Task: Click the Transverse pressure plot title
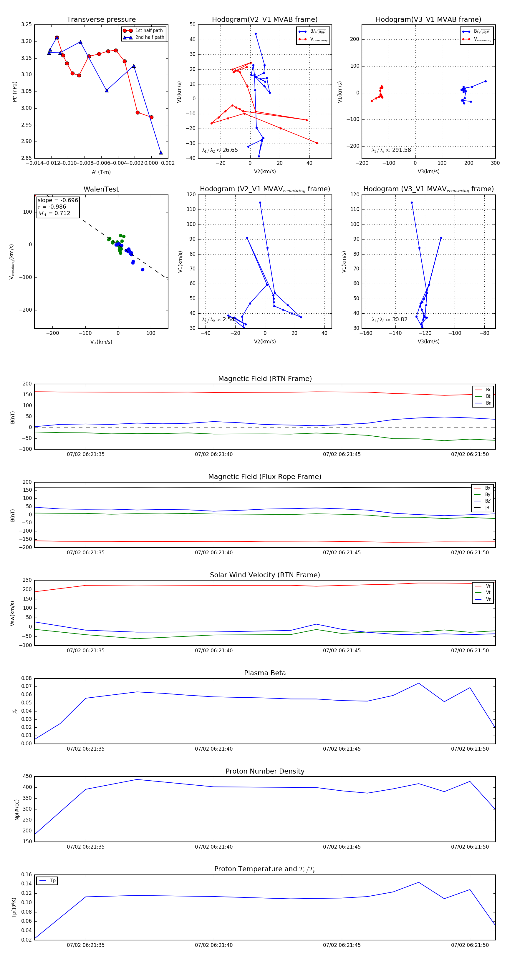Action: tap(101, 20)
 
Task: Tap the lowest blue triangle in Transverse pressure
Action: tap(161, 153)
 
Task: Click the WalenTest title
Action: tap(101, 189)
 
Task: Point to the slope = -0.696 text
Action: tap(58, 200)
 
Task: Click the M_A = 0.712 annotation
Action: tap(54, 213)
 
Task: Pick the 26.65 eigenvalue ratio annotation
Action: tap(220, 150)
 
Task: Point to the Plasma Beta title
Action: tap(265, 673)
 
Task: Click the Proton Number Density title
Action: tap(265, 771)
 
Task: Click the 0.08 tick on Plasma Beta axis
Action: tap(26, 678)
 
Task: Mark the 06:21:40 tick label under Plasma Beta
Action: tap(213, 749)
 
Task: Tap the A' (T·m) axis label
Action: tap(101, 172)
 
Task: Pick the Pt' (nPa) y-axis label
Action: tap(15, 92)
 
